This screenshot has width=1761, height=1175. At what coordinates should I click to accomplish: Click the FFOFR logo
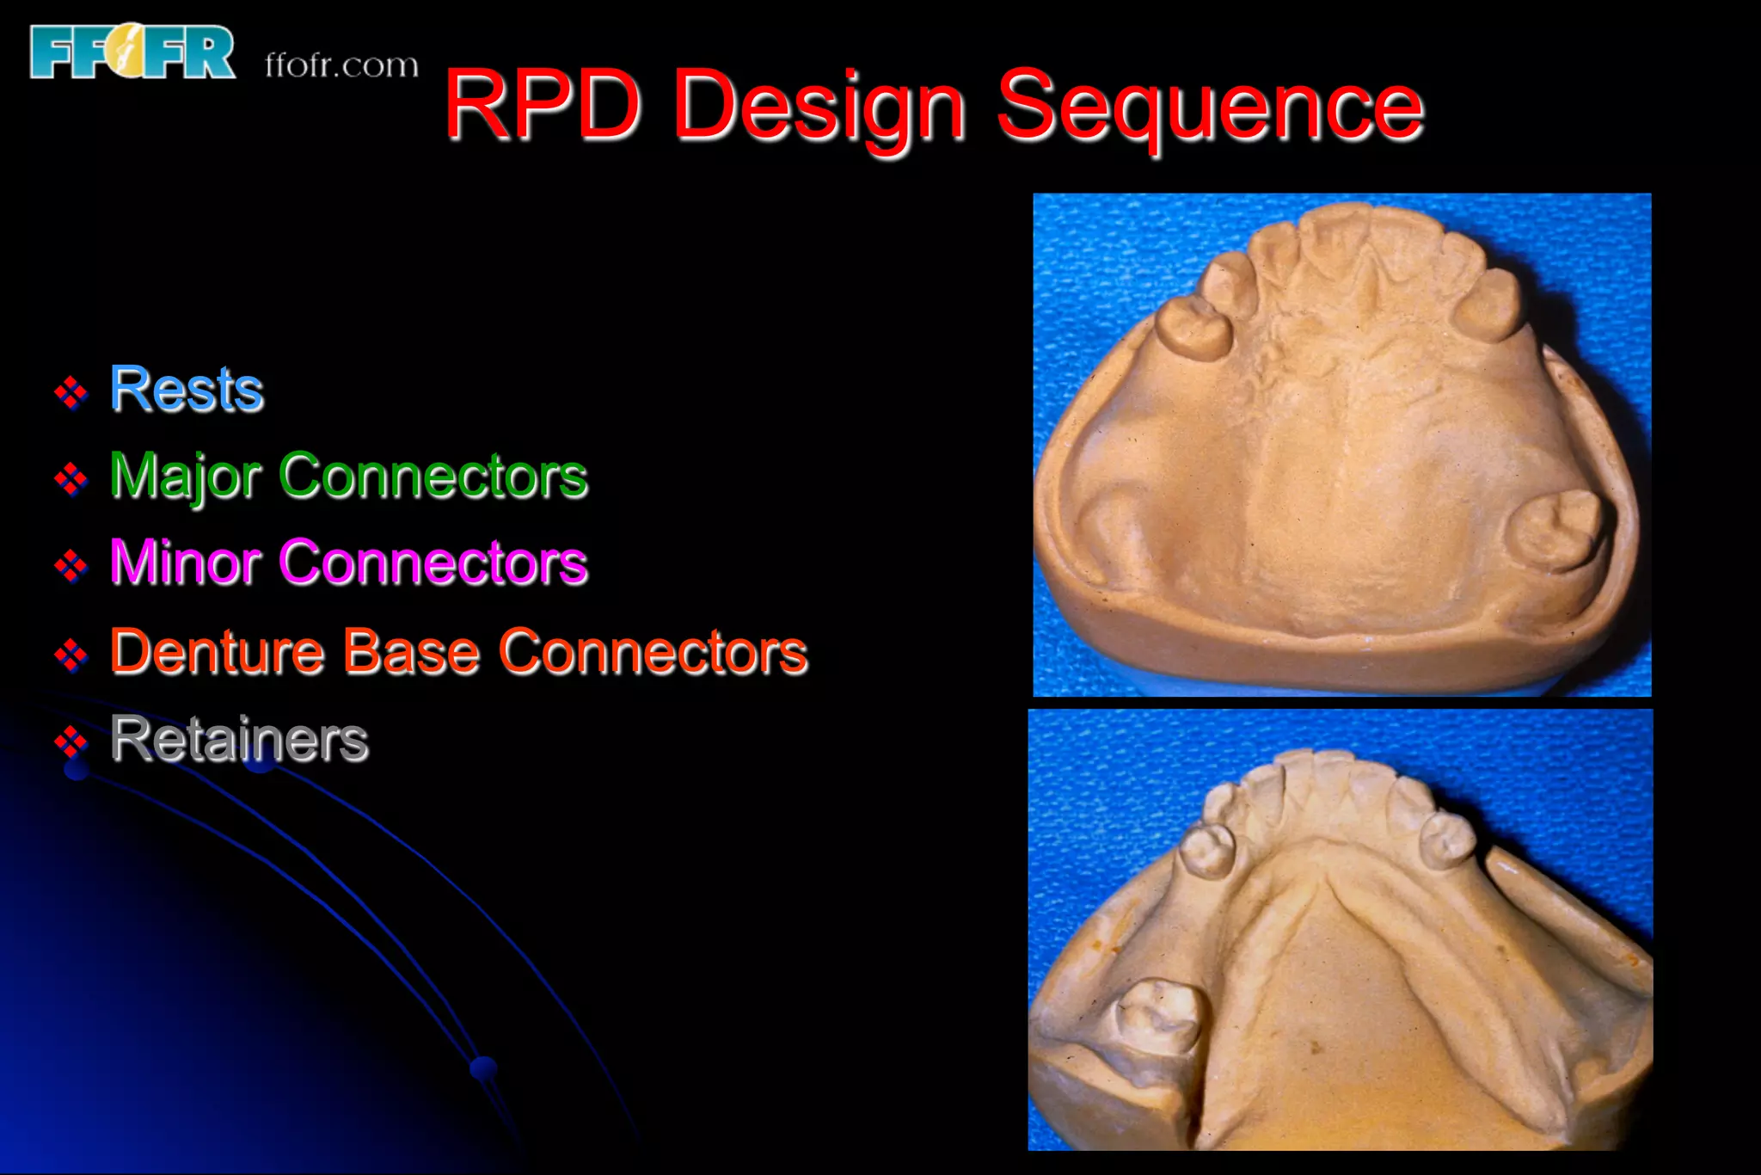click(x=132, y=52)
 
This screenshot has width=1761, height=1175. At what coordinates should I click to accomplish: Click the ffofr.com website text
click(x=341, y=65)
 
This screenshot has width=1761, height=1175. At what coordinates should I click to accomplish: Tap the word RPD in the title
click(x=542, y=106)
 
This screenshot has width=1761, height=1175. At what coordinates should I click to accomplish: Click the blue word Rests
click(x=187, y=390)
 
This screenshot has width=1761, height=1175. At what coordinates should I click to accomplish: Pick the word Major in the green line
click(x=185, y=477)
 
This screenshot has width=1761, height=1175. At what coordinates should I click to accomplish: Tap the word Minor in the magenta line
click(x=185, y=563)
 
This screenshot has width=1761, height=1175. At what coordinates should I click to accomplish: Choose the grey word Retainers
click(x=239, y=739)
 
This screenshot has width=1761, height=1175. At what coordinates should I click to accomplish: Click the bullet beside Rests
click(x=71, y=393)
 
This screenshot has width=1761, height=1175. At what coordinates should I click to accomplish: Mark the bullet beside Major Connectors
click(x=71, y=479)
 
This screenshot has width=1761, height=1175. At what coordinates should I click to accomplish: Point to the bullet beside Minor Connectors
click(x=71, y=566)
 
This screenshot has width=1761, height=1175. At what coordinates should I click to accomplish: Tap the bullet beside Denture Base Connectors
click(x=71, y=655)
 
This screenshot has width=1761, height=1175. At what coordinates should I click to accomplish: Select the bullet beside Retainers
click(x=71, y=741)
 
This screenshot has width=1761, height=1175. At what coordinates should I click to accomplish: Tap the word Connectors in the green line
click(x=433, y=477)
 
